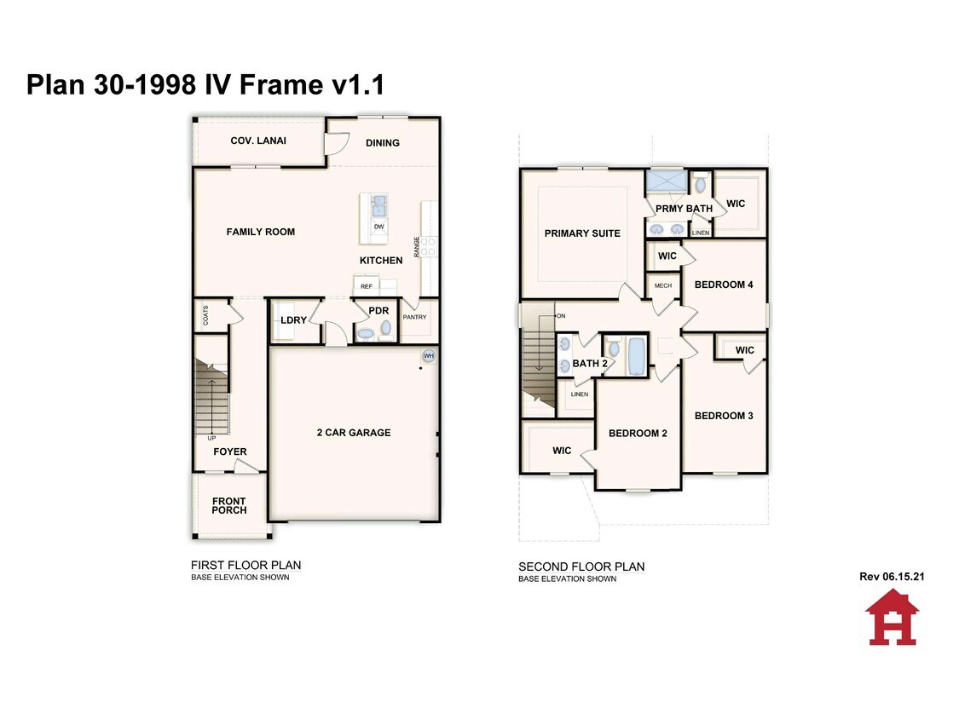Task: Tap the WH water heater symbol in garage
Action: tap(429, 356)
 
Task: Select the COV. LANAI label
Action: tap(258, 141)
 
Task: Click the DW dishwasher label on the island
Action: tap(379, 227)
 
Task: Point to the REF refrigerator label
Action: tap(367, 286)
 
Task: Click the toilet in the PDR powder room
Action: tap(386, 329)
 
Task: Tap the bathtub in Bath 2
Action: tap(637, 356)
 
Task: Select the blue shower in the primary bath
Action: tap(666, 181)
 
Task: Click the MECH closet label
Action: tap(663, 285)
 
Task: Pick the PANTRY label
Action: tap(414, 317)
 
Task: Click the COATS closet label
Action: tap(205, 315)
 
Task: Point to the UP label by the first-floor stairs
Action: tap(211, 438)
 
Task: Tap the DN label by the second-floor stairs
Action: tap(561, 315)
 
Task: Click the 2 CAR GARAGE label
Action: tap(354, 432)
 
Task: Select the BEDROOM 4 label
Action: tap(724, 285)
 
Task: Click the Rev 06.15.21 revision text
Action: tap(892, 576)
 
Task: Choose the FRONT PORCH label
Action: tap(229, 506)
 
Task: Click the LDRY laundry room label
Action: tap(293, 319)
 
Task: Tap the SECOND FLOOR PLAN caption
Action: tap(581, 567)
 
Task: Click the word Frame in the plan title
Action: tap(280, 84)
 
